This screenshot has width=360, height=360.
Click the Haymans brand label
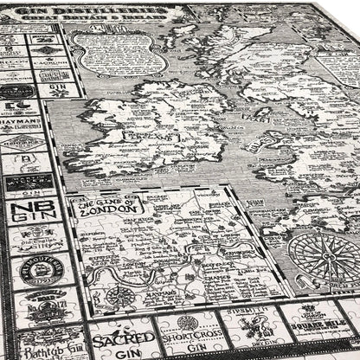pyautogui.click(x=21, y=126)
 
